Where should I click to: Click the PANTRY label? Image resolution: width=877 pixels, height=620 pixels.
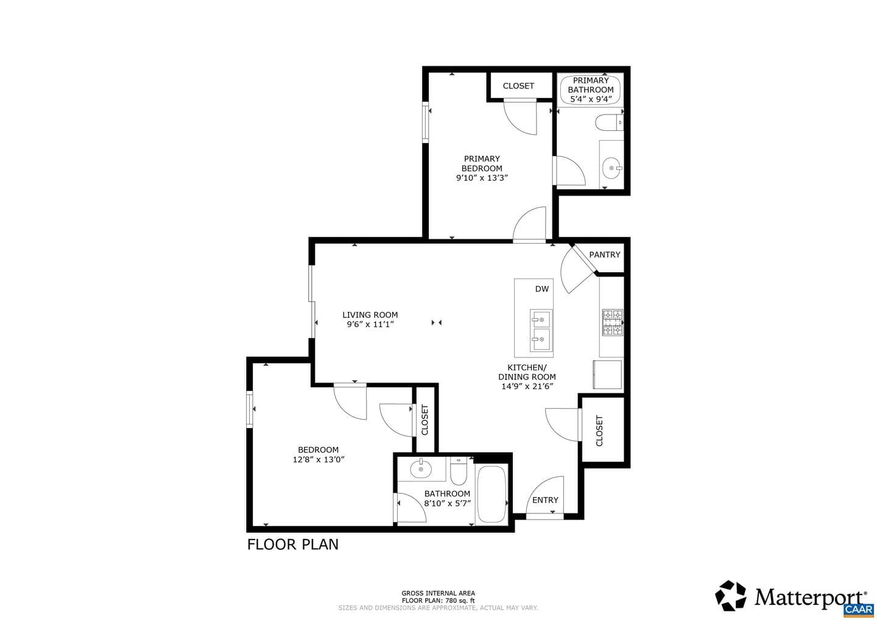(605, 255)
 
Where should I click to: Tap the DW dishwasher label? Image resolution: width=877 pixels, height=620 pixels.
(542, 289)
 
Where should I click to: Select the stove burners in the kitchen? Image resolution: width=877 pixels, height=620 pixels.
(613, 323)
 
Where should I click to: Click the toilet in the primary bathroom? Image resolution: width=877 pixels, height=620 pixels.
(609, 122)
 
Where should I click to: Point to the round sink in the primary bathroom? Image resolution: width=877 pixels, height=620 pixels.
(612, 168)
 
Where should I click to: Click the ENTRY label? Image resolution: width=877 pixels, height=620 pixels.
(545, 500)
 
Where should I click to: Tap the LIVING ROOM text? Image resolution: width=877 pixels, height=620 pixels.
(370, 315)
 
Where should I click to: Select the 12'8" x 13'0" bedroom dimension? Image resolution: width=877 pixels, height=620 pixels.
(319, 459)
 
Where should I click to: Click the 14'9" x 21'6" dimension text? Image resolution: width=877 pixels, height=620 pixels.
(527, 386)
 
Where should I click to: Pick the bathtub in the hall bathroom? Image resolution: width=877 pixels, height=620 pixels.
(491, 494)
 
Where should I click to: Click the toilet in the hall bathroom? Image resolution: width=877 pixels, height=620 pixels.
(459, 471)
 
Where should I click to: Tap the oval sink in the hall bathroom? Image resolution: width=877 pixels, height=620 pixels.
(420, 468)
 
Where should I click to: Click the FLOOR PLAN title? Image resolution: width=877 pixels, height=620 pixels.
(293, 544)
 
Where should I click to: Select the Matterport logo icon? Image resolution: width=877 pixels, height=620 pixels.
(731, 596)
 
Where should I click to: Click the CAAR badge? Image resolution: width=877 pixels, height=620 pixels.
(859, 610)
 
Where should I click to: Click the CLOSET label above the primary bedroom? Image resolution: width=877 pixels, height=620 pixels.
(518, 86)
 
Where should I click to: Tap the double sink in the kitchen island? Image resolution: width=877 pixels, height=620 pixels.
(541, 331)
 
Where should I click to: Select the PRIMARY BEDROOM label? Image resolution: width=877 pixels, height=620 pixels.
(482, 164)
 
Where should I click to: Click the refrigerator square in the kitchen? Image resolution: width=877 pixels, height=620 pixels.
(607, 375)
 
